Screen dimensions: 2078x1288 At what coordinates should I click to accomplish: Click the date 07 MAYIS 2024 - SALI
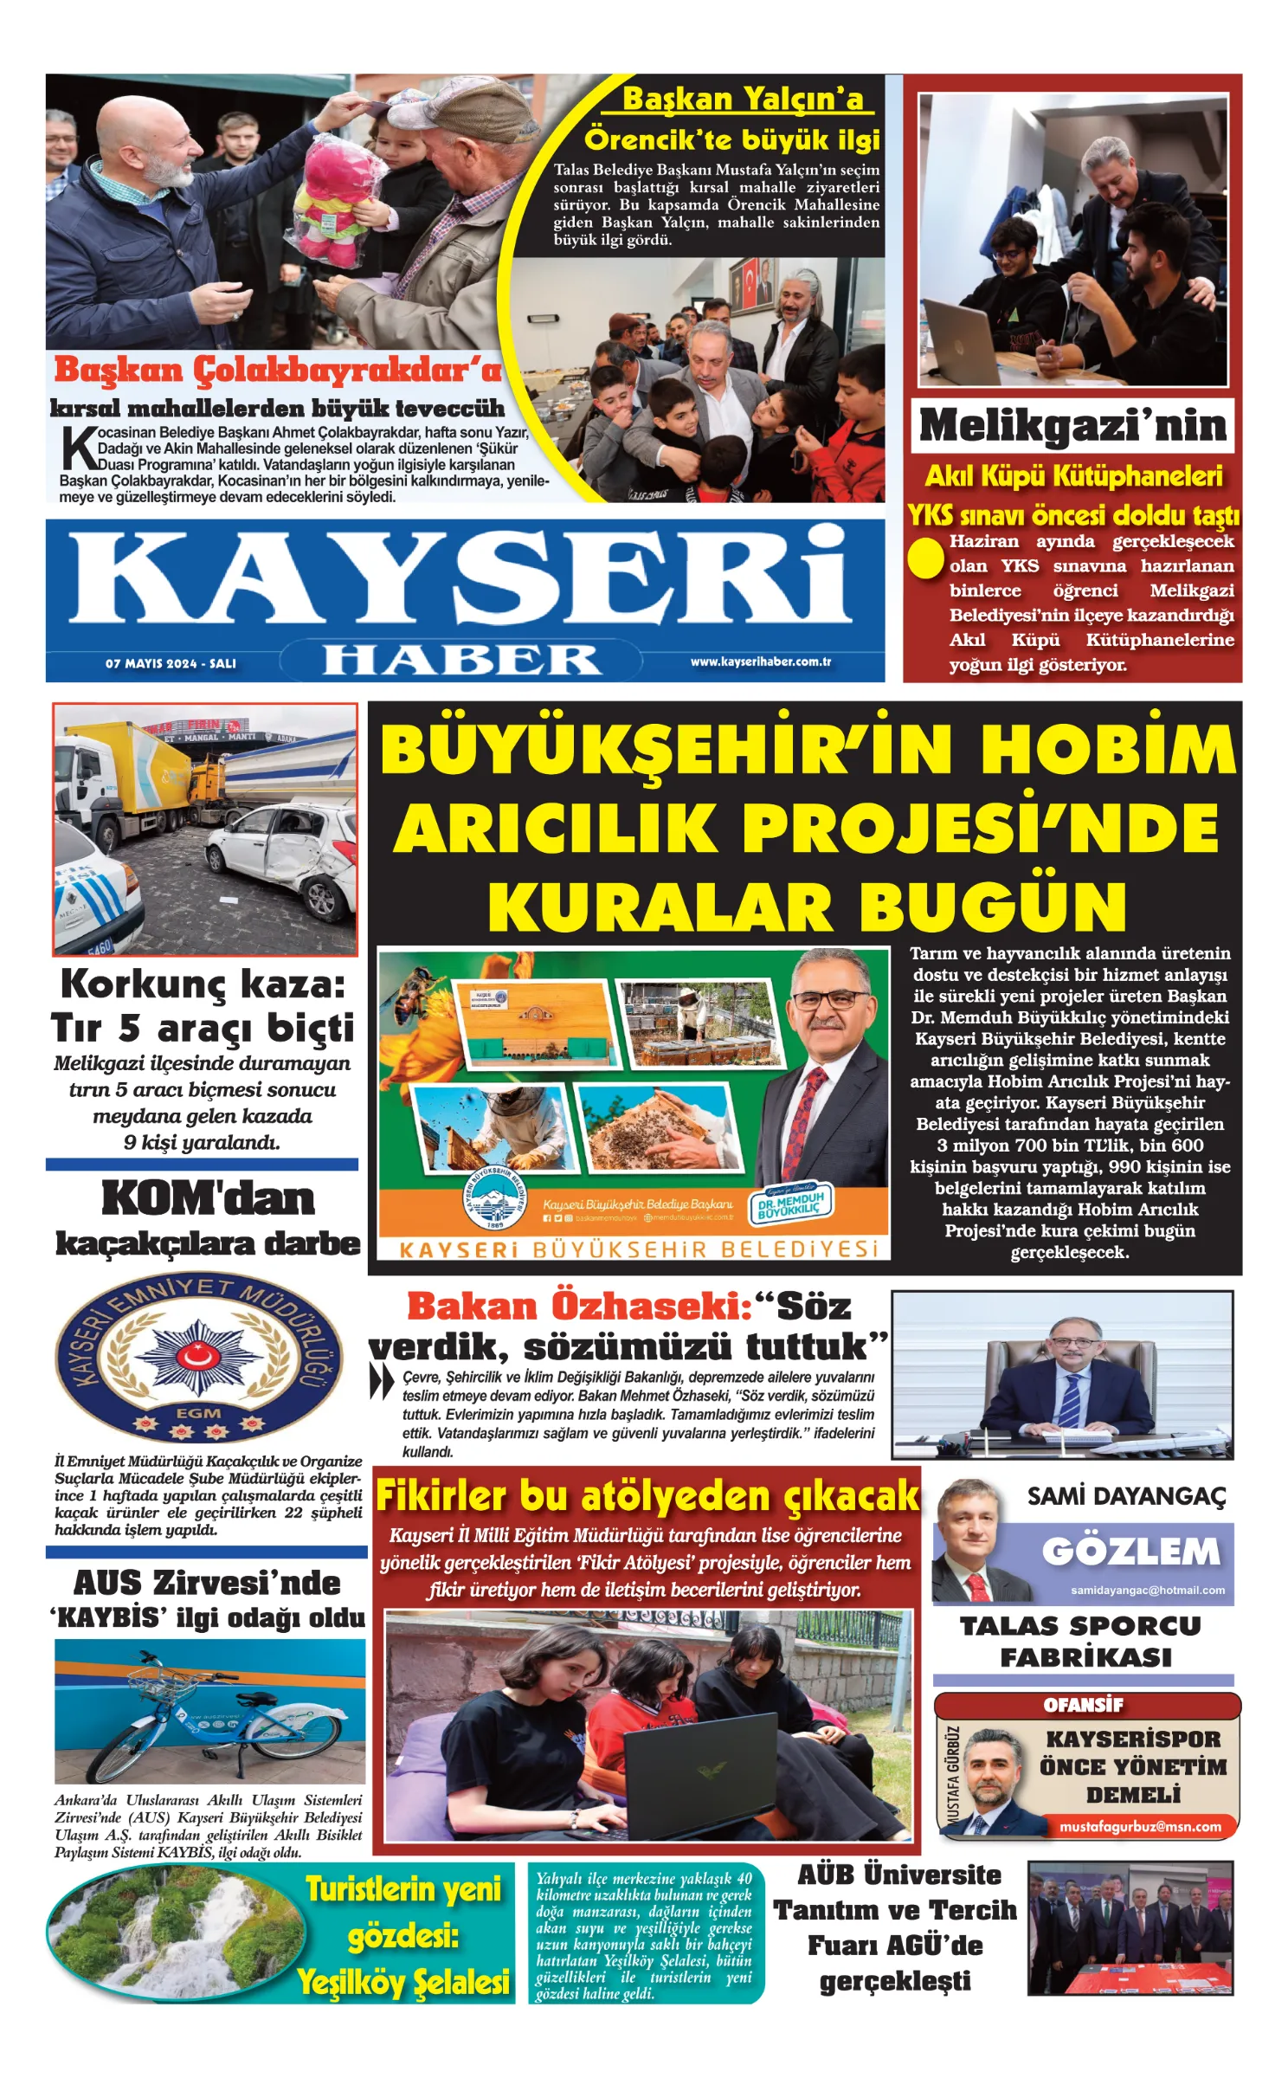171,663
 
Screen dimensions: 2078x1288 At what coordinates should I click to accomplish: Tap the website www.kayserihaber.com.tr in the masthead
760,661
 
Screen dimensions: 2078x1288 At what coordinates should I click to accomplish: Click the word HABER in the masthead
461,660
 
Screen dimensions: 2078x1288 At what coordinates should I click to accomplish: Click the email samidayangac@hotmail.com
1147,1590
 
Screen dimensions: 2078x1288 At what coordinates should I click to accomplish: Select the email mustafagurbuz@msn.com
1140,1827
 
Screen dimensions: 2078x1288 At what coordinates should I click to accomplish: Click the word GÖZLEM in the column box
1130,1552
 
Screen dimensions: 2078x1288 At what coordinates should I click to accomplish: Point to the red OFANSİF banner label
1083,1705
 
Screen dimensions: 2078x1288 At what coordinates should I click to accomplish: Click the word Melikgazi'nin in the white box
1072,425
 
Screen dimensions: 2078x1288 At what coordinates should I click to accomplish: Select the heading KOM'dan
208,1198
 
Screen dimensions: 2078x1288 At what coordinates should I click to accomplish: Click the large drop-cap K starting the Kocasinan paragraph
79,449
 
